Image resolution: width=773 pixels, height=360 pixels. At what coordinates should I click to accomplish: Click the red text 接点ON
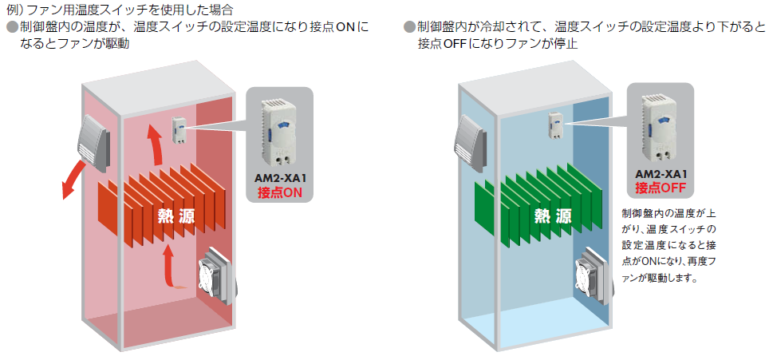click(279, 192)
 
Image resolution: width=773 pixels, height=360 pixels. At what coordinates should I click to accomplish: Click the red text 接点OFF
click(661, 188)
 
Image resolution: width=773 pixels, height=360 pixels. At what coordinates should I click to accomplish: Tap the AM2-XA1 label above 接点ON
click(279, 178)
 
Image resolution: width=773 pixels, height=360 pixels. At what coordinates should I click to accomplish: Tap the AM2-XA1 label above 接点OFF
click(661, 174)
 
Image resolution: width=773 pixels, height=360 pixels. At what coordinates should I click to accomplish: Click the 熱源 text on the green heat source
click(553, 215)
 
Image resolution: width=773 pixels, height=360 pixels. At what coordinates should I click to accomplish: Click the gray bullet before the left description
click(11, 27)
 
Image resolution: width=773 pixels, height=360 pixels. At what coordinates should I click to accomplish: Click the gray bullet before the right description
click(409, 27)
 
